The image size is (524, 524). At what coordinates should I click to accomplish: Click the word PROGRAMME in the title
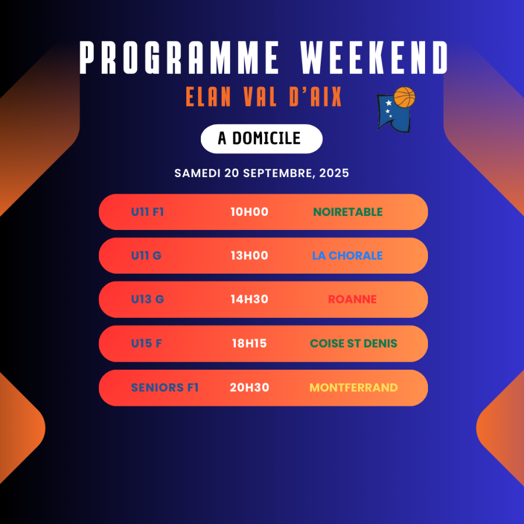pos(179,58)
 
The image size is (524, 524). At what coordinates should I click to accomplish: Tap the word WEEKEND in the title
pos(374,58)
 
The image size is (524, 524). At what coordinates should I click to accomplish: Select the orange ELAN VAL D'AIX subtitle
pos(264,97)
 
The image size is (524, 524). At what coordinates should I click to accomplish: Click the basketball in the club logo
pos(405,97)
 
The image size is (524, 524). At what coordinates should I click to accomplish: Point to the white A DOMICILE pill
pos(261,139)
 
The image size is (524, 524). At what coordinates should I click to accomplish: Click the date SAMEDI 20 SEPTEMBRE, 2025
pos(261,173)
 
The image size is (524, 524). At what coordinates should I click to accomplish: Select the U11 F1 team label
pos(147,212)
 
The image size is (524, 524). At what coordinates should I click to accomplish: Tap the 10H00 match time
pos(249,212)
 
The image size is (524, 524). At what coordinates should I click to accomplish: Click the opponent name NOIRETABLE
pos(348,212)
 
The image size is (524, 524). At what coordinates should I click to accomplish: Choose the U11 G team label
pos(146,256)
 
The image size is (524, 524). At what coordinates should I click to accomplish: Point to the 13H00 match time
pos(249,256)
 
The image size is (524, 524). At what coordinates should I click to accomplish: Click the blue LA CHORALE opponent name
pos(348,256)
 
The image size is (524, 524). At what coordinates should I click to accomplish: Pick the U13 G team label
pos(147,299)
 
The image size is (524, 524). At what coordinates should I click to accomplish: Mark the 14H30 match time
pos(249,299)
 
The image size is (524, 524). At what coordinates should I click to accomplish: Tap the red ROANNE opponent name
pos(352,299)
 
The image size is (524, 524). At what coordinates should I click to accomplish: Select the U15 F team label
pos(146,343)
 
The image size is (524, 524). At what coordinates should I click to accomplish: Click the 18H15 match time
pos(249,343)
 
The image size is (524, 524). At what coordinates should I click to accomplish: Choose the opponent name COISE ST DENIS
pos(353,343)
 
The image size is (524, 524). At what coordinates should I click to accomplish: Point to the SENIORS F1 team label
pos(165,387)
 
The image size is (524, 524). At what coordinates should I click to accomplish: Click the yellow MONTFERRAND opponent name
pos(353,387)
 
